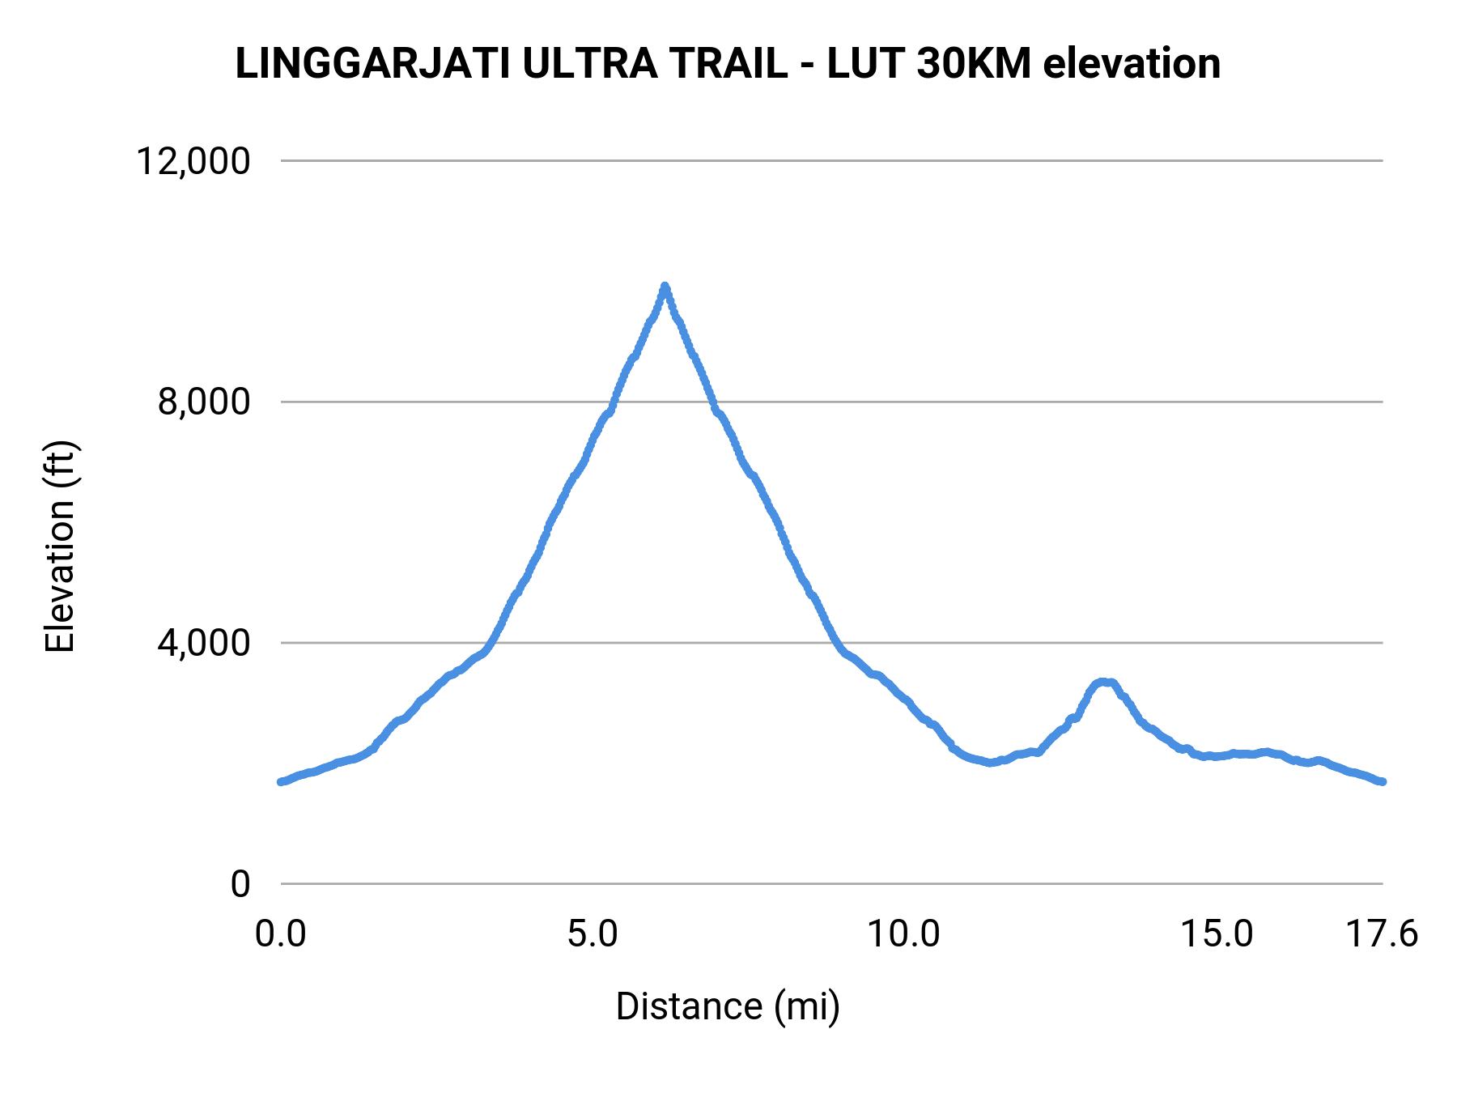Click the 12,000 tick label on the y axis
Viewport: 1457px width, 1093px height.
(193, 161)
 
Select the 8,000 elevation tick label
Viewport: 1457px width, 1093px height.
(203, 402)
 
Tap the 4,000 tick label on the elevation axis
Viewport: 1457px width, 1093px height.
(203, 643)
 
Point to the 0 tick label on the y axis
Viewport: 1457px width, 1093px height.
(240, 884)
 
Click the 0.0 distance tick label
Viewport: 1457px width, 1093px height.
(281, 934)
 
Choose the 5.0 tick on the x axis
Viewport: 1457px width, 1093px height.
(593, 934)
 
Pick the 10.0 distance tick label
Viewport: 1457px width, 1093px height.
(903, 934)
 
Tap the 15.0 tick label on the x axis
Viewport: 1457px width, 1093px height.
(1217, 934)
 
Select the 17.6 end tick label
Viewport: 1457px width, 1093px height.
(1382, 934)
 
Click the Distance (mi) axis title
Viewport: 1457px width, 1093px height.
(728, 1006)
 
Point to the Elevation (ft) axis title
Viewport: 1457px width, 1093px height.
(60, 546)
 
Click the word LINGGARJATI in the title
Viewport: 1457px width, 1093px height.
(372, 64)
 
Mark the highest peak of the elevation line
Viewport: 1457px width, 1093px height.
(665, 287)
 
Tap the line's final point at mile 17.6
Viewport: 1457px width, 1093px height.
(1383, 781)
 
